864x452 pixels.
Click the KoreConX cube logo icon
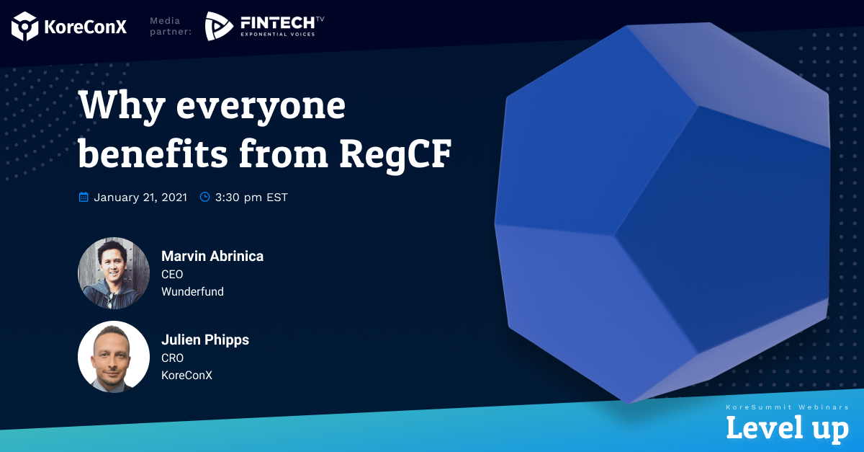coord(24,26)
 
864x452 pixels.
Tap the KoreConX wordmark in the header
coord(85,27)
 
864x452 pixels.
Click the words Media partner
coord(171,26)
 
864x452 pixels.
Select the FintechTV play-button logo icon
coord(219,26)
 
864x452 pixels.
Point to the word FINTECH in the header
coord(278,23)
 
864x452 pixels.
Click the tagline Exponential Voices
coord(278,35)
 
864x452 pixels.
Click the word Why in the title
coord(122,106)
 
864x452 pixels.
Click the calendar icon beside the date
coord(84,197)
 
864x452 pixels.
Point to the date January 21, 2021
coord(140,198)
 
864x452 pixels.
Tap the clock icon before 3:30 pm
coord(204,197)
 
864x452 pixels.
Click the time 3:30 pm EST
coord(251,198)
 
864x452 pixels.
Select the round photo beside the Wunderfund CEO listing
coord(114,273)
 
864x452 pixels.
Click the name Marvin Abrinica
coord(212,256)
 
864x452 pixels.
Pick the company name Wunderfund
coord(192,291)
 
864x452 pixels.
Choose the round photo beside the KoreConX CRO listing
coord(114,357)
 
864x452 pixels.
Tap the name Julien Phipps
coord(205,340)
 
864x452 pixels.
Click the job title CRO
coord(172,358)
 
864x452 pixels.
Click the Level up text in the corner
coord(787,428)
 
